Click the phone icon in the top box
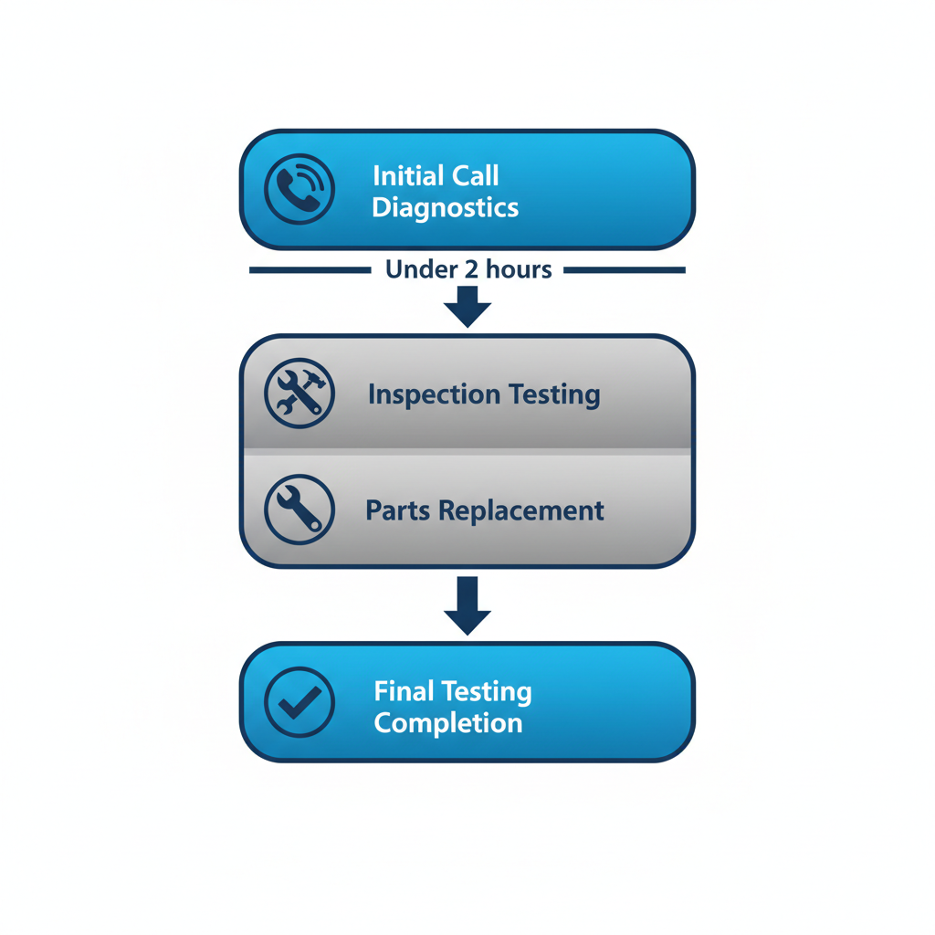pyautogui.click(x=299, y=190)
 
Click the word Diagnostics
pyautogui.click(x=445, y=207)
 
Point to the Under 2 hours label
pyautogui.click(x=467, y=269)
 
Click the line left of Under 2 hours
pyautogui.click(x=310, y=270)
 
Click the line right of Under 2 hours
pyautogui.click(x=625, y=270)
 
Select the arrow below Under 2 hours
pyautogui.click(x=467, y=307)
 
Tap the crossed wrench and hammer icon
pyautogui.click(x=299, y=394)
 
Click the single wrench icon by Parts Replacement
pyautogui.click(x=299, y=510)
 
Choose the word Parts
pyautogui.click(x=398, y=510)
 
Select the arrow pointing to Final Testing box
pyautogui.click(x=467, y=605)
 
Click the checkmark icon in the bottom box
pyautogui.click(x=299, y=701)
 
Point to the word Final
pyautogui.click(x=404, y=691)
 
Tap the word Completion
pyautogui.click(x=448, y=723)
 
